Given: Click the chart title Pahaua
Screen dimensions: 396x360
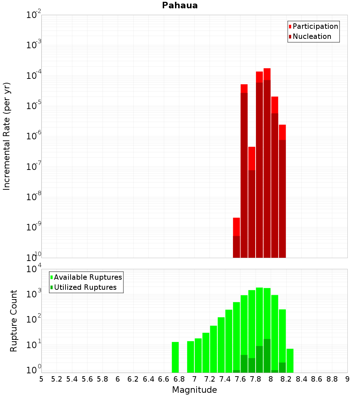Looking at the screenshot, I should pyautogui.click(x=180, y=5).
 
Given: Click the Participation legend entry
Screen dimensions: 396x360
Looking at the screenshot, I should pyautogui.click(x=315, y=26).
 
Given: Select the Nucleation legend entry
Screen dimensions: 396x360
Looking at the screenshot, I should pyautogui.click(x=312, y=36).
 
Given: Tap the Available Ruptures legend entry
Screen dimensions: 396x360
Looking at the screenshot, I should pyautogui.click(x=87, y=277).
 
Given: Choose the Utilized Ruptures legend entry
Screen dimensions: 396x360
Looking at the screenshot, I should pyautogui.click(x=85, y=287).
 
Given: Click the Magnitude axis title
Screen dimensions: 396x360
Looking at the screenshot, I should pyautogui.click(x=194, y=390).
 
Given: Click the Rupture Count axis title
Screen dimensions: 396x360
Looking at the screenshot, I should pyautogui.click(x=14, y=321).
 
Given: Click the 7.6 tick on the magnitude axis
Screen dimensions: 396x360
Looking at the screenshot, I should pyautogui.click(x=240, y=379).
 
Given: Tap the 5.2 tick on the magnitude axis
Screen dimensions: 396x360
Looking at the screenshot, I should pyautogui.click(x=57, y=379).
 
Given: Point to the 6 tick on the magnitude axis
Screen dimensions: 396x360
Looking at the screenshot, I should pyautogui.click(x=118, y=379).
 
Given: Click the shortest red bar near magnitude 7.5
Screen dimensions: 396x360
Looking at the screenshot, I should pyautogui.click(x=236, y=238).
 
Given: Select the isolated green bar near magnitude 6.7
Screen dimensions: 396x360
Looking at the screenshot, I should pyautogui.click(x=175, y=357).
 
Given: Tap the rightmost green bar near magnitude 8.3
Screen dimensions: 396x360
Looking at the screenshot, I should pyautogui.click(x=290, y=360).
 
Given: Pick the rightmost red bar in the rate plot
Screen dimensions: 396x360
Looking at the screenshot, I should pyautogui.click(x=282, y=191).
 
